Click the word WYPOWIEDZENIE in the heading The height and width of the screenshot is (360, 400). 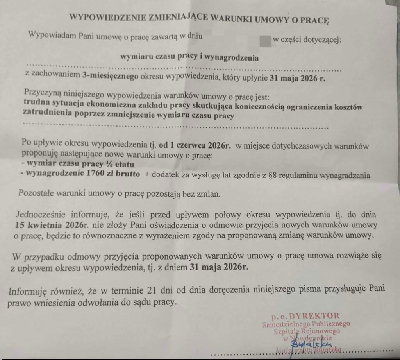99,17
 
